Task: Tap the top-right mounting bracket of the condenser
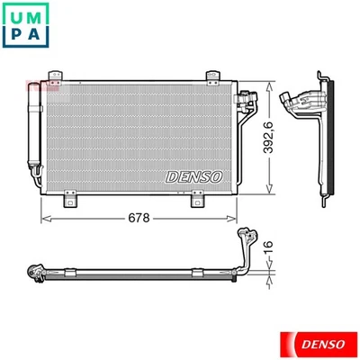point(211,73)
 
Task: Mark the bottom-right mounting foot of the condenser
point(194,197)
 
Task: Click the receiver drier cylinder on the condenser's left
point(36,135)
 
